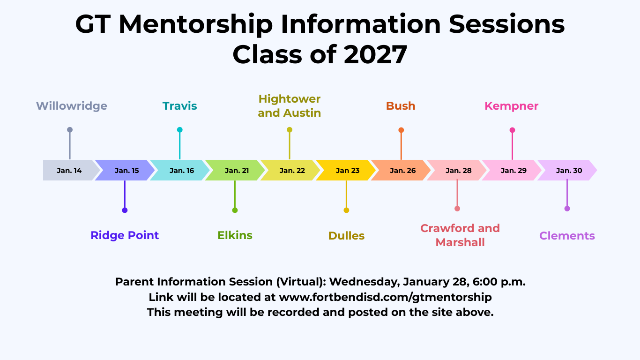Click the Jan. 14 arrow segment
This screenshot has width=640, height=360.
point(69,170)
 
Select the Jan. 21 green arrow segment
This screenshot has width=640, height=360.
point(235,170)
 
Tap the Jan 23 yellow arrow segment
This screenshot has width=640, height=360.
point(346,170)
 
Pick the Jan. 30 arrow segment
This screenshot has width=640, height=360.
point(567,170)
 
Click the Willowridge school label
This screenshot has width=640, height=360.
point(71,106)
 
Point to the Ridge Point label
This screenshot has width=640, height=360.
point(125,235)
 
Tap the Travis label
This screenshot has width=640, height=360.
point(180,106)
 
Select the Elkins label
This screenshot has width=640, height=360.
point(235,235)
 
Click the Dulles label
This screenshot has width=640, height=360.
point(346,236)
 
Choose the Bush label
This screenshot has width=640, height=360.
point(401,106)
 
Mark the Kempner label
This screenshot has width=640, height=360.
point(512,106)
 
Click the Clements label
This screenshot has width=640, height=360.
point(567,236)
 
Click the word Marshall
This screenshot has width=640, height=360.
point(460,242)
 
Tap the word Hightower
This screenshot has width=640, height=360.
point(290,99)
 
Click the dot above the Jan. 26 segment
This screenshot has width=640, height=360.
point(401,130)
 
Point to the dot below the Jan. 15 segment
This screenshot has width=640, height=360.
point(125,210)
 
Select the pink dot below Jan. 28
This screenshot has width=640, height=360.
point(457,209)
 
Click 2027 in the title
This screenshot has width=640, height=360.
point(375,55)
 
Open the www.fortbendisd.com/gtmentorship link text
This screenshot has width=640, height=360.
point(386,297)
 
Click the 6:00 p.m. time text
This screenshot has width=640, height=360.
point(499,282)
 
